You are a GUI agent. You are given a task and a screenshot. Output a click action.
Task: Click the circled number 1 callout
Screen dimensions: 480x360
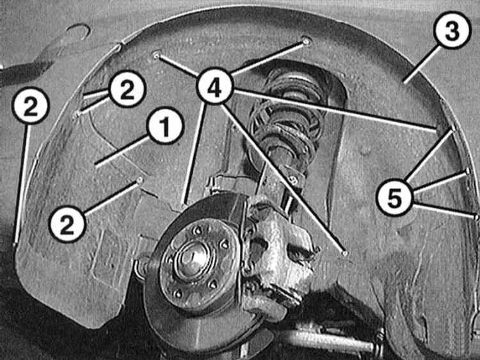(x=165, y=127)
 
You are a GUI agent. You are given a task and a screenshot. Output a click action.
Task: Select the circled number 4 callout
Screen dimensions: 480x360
(x=216, y=86)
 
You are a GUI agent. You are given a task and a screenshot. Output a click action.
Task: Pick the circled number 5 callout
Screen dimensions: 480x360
(x=396, y=198)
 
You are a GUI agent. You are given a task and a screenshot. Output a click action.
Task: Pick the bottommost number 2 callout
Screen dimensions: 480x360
(x=68, y=224)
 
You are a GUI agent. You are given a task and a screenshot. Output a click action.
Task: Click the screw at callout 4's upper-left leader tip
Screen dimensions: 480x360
(x=156, y=56)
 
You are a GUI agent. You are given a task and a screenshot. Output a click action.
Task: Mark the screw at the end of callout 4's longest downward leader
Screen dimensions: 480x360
(x=345, y=253)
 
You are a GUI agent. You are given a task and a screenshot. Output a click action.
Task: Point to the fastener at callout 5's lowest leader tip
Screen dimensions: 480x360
(x=476, y=217)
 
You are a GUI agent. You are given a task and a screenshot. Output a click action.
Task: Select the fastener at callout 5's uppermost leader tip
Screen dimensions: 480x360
(x=452, y=128)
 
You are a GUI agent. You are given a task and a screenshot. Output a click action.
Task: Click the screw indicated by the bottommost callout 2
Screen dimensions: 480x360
(x=140, y=180)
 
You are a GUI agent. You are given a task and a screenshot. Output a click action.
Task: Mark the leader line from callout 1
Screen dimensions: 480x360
(x=123, y=152)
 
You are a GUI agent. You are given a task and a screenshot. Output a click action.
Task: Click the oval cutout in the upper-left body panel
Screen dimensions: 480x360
(x=77, y=32)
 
